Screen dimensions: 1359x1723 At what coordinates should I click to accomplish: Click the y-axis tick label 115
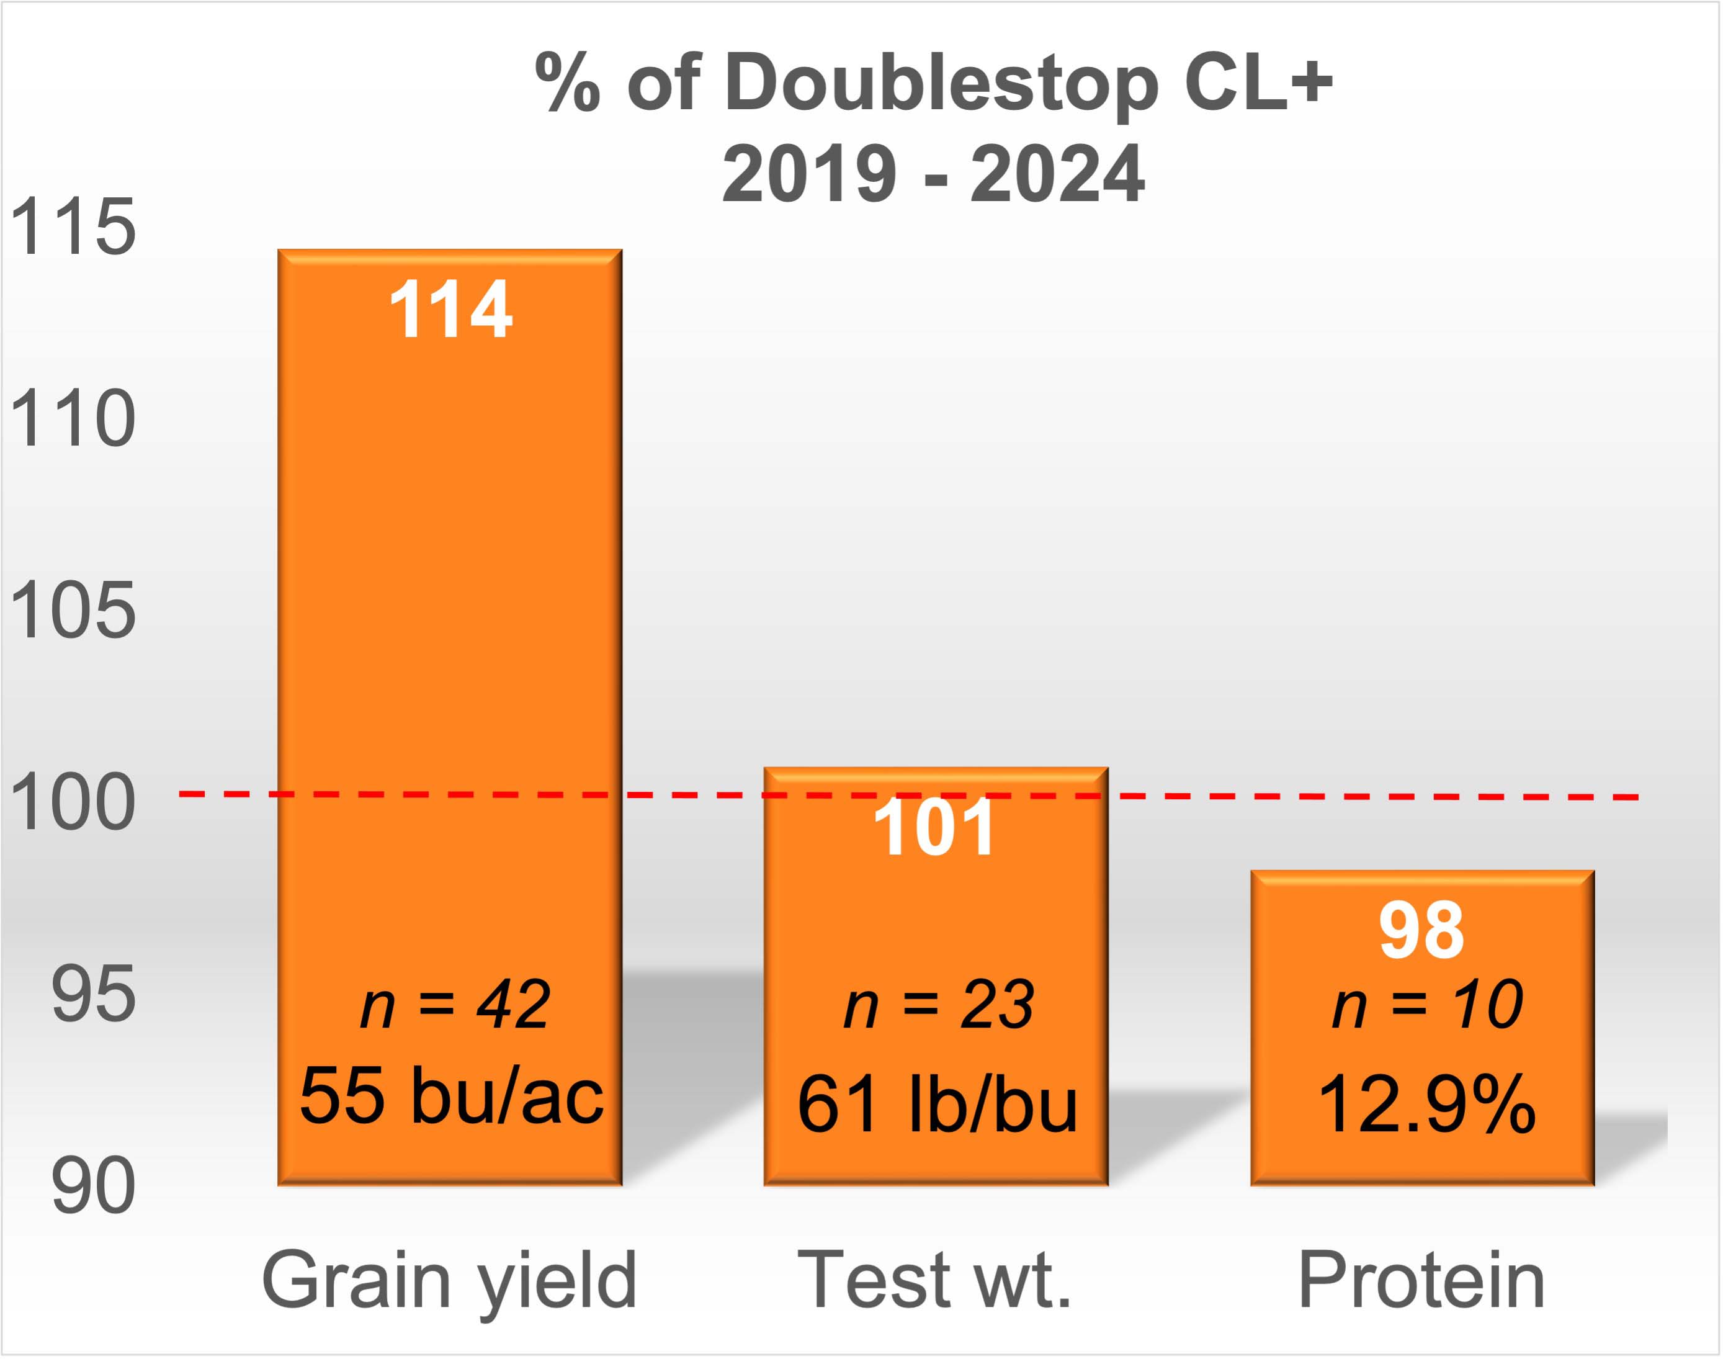(73, 228)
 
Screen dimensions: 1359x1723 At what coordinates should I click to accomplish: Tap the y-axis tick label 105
(73, 610)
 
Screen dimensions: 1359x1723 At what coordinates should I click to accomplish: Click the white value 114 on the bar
(450, 310)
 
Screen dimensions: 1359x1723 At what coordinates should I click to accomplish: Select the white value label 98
(1421, 930)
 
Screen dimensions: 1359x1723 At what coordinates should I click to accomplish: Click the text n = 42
(455, 1005)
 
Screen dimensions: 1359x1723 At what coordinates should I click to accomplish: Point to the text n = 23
(939, 1005)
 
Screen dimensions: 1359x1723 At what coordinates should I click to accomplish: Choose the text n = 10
(1428, 1005)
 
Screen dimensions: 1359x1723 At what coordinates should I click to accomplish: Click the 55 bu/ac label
(452, 1097)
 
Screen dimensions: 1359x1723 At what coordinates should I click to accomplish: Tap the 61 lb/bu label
(937, 1105)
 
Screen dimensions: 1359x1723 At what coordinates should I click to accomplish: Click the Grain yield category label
(449, 1280)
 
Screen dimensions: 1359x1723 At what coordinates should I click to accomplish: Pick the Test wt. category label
(934, 1280)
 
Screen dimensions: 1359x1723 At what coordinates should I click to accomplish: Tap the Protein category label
(1421, 1280)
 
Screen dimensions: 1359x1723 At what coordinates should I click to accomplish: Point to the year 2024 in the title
(1058, 174)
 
